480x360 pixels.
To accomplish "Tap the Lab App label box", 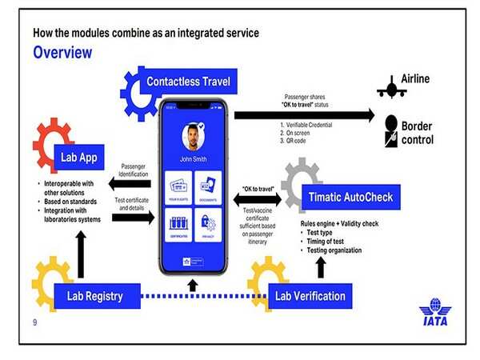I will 78,157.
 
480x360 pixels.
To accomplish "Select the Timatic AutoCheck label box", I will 350,197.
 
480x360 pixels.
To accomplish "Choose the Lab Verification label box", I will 310,296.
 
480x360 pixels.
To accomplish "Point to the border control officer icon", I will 392,131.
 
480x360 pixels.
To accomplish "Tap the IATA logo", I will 436,312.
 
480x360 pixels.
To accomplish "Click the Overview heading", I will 62,53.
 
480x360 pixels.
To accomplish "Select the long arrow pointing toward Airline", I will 304,115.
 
